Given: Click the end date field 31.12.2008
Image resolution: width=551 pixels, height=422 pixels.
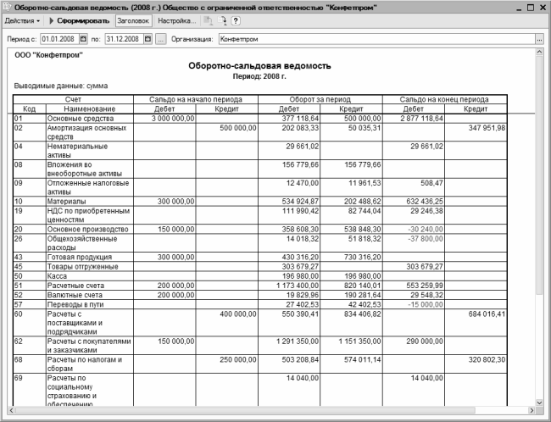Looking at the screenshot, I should click(122, 39).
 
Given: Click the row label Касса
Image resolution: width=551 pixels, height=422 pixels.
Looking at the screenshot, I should click(58, 275).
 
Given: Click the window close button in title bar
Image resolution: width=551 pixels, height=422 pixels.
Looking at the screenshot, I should click(541, 7).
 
